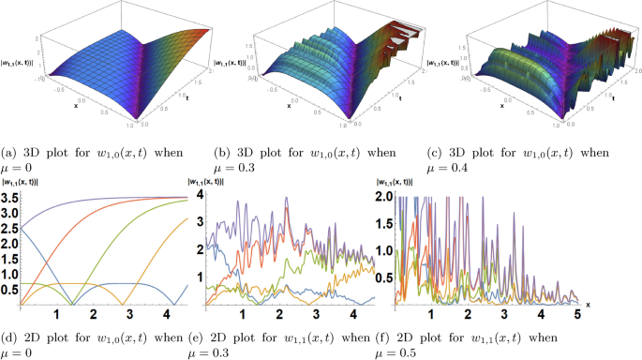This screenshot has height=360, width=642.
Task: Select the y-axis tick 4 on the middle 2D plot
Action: click(x=199, y=194)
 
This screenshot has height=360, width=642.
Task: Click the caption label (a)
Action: click(x=12, y=152)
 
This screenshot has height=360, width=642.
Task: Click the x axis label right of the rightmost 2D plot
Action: click(x=588, y=304)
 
